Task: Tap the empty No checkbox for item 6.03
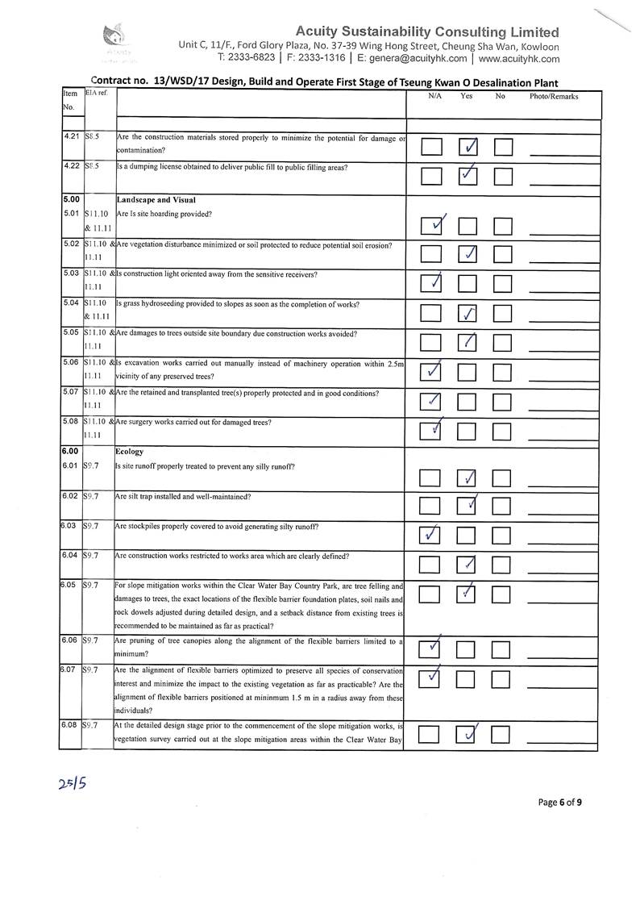click(x=502, y=535)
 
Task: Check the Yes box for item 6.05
click(x=468, y=594)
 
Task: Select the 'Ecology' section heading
click(x=130, y=452)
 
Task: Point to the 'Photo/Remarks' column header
click(x=554, y=97)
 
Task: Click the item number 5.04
click(x=71, y=303)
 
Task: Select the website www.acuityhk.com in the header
click(x=518, y=58)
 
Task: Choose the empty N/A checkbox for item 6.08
click(x=430, y=735)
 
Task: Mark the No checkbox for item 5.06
click(x=502, y=372)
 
